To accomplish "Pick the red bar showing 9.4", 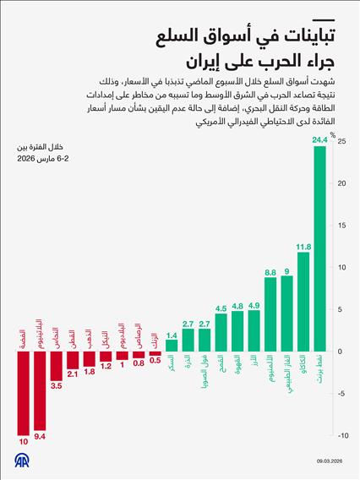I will click(x=40, y=390).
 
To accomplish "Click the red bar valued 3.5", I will click(x=57, y=366).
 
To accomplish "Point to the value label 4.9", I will click(x=254, y=306).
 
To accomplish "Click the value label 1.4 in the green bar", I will click(x=172, y=335).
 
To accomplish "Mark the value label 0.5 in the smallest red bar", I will click(x=155, y=359).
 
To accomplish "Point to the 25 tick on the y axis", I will click(x=340, y=141).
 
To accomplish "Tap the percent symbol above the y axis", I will click(x=333, y=133).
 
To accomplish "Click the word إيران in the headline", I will click(x=205, y=62).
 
